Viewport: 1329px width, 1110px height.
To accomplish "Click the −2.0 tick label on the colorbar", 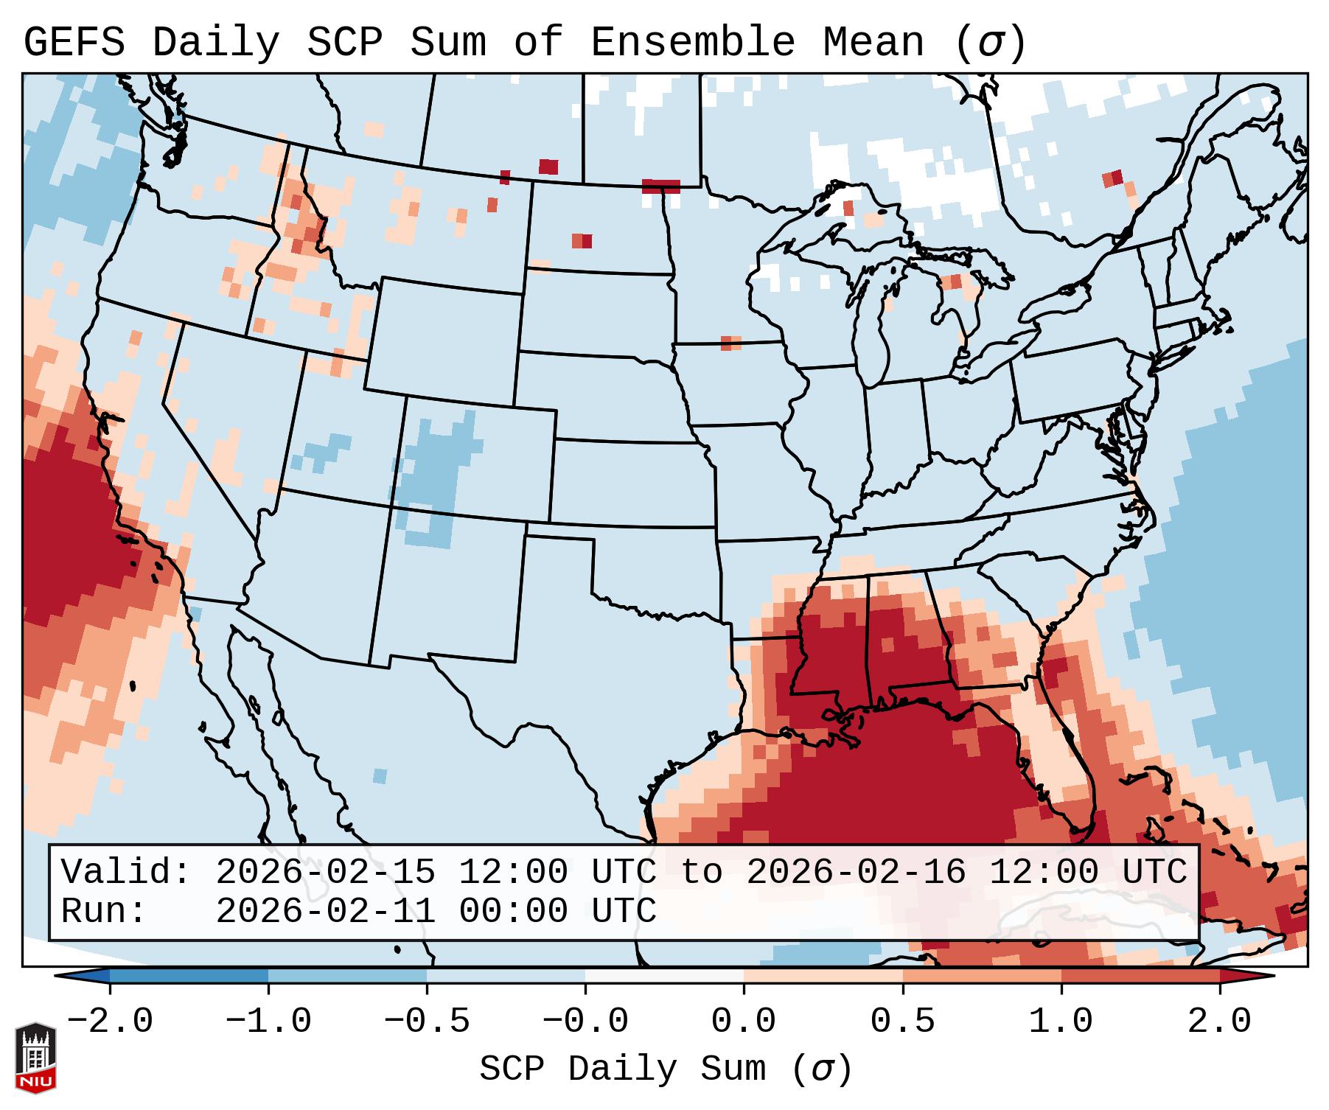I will [x=110, y=1022].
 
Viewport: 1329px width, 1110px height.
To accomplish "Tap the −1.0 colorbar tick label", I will [x=268, y=1022].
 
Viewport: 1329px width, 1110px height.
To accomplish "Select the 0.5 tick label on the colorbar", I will [x=902, y=1022].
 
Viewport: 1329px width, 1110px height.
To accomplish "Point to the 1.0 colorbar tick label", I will [x=1061, y=1022].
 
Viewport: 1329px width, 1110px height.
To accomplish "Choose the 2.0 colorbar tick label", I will [x=1219, y=1022].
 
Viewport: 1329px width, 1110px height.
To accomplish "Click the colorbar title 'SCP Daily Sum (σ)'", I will [x=666, y=1069].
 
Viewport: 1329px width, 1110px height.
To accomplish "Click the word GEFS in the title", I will [x=74, y=42].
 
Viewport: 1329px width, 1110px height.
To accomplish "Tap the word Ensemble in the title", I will [x=692, y=42].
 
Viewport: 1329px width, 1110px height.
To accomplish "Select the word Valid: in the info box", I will [x=126, y=872].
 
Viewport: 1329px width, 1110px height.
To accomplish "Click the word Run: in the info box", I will [x=104, y=911].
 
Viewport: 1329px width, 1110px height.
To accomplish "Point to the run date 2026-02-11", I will [x=325, y=911].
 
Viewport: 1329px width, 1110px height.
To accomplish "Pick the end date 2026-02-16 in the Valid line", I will [x=856, y=872].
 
